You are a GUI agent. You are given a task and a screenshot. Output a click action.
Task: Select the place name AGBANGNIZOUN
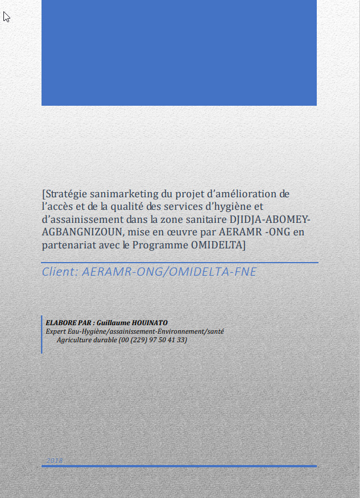click(x=83, y=232)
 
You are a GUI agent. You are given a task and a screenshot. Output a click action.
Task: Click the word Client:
click(x=60, y=272)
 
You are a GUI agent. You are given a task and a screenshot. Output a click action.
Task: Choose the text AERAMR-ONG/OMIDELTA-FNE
click(x=169, y=272)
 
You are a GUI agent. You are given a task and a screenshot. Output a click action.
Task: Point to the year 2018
click(x=55, y=460)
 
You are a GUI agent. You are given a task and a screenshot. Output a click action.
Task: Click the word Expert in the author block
click(x=56, y=331)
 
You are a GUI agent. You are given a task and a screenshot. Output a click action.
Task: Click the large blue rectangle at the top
click(x=179, y=52)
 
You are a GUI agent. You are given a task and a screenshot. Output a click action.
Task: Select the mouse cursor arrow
click(x=6, y=16)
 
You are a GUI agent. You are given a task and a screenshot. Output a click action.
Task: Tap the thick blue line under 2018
click(x=179, y=466)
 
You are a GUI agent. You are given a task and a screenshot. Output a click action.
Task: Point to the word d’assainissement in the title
click(x=78, y=219)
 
